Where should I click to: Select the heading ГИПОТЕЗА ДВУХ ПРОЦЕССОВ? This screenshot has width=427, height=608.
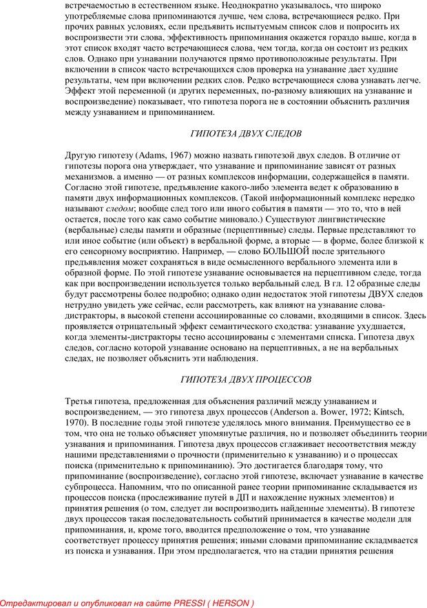click(246, 379)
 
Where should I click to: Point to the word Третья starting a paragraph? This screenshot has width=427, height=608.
click(81, 401)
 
